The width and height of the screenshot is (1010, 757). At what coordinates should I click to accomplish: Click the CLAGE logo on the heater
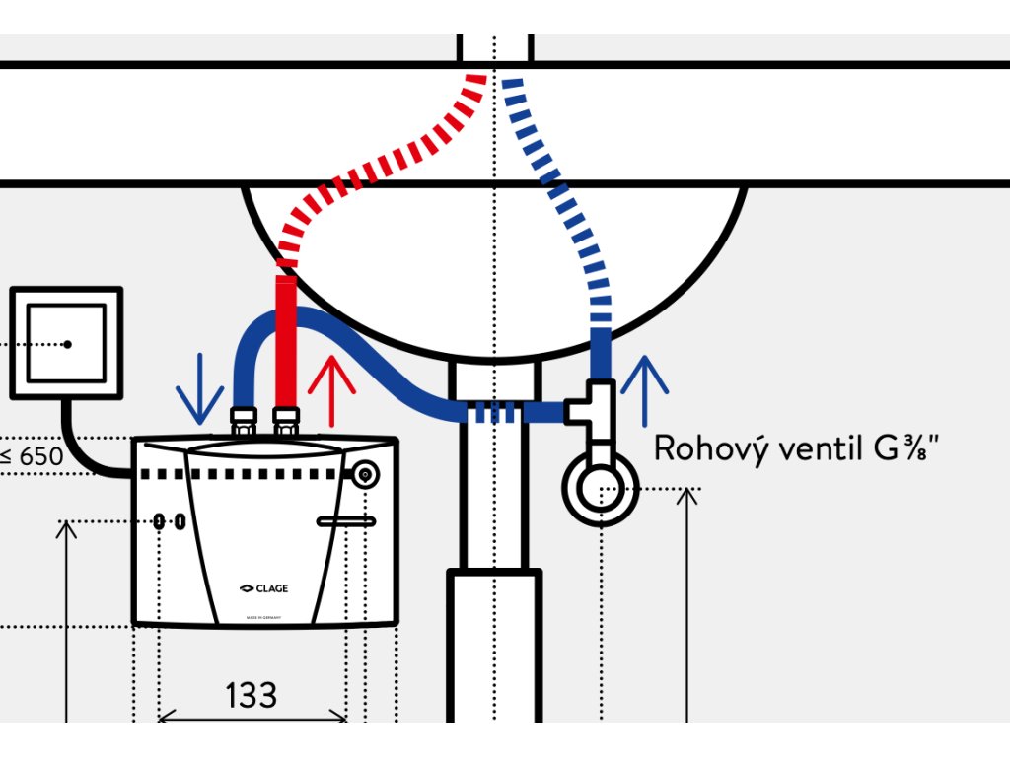pyautogui.click(x=263, y=589)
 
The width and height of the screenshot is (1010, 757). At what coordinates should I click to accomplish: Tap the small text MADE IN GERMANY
pyautogui.click(x=264, y=617)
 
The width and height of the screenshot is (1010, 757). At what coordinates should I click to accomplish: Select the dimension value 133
pyautogui.click(x=251, y=695)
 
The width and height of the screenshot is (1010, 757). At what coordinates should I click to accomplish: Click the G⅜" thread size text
pyautogui.click(x=902, y=449)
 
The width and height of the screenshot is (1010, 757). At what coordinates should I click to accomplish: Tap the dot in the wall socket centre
pyautogui.click(x=67, y=344)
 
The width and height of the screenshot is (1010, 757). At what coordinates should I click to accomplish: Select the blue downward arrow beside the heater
pyautogui.click(x=200, y=386)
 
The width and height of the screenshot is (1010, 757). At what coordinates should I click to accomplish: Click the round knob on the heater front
pyautogui.click(x=366, y=475)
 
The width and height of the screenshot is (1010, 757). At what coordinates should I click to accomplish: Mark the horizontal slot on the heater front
pyautogui.click(x=345, y=521)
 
